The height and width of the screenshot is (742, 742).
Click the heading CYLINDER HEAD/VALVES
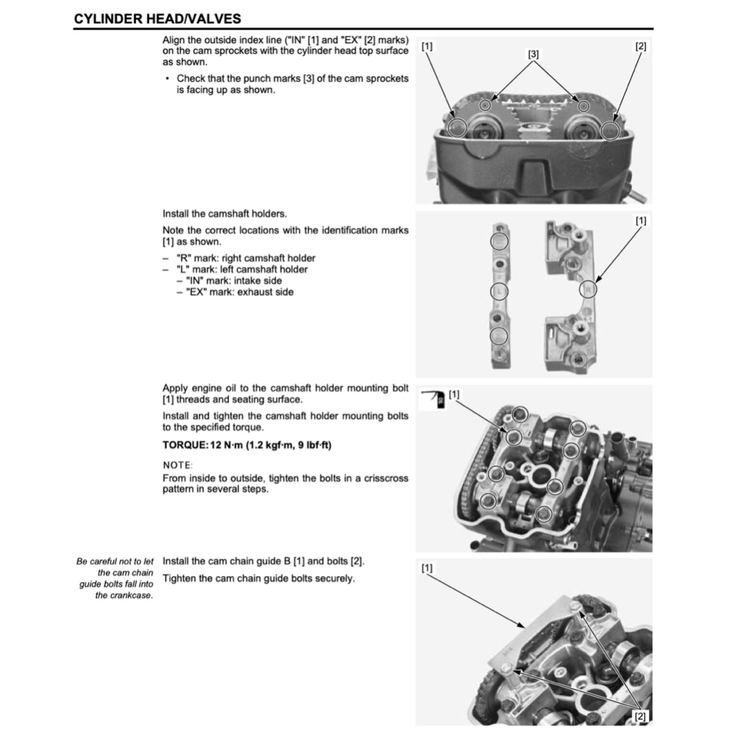pyautogui.click(x=157, y=18)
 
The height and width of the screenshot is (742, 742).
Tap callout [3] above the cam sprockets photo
pyautogui.click(x=533, y=54)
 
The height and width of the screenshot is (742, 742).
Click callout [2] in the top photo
pyautogui.click(x=641, y=46)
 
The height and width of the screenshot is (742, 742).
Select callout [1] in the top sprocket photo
pyautogui.click(x=427, y=46)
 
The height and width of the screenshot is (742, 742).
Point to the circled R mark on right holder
pyautogui.click(x=588, y=291)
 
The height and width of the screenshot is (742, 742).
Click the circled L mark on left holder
pyautogui.click(x=499, y=291)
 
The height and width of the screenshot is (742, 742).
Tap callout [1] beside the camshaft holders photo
pyautogui.click(x=641, y=220)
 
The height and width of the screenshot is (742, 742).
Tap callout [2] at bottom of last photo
pyautogui.click(x=641, y=717)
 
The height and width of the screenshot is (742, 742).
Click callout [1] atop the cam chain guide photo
pyautogui.click(x=427, y=568)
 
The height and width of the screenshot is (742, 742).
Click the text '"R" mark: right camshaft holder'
pyautogui.click(x=246, y=258)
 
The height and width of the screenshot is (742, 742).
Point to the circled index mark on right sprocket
pyautogui.click(x=610, y=130)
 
